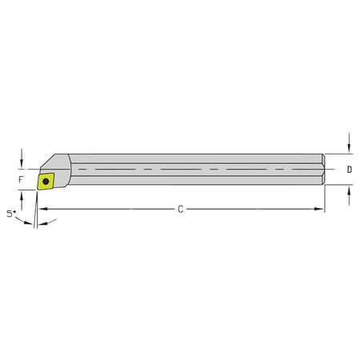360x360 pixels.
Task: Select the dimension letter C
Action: coord(181,210)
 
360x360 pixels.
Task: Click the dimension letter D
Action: coord(350,170)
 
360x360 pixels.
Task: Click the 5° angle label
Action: coord(10,214)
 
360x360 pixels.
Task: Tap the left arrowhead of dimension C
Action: coord(42,210)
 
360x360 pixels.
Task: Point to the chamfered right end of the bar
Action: coord(322,170)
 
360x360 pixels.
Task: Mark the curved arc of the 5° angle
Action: coord(24,221)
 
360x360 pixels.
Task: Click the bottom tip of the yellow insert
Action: coord(37,190)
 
